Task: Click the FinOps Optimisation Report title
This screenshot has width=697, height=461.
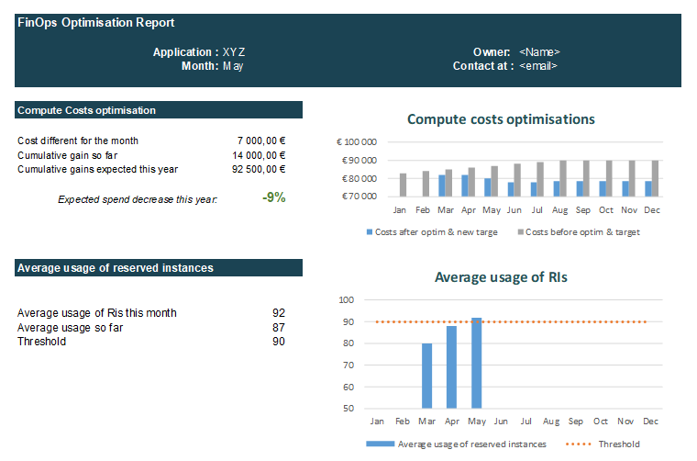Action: [x=96, y=23]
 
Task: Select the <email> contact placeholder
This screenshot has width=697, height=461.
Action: [x=538, y=66]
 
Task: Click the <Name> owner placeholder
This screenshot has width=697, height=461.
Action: [x=539, y=52]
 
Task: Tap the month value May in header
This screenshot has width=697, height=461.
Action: [x=233, y=66]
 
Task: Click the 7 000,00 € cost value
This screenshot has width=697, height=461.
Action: [x=260, y=141]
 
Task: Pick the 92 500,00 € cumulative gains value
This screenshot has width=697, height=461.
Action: [x=258, y=169]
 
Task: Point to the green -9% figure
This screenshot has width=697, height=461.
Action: [x=273, y=197]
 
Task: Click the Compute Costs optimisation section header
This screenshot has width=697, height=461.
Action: [x=86, y=110]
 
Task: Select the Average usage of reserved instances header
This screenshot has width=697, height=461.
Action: [x=116, y=268]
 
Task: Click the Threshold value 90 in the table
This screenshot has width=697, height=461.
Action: [x=278, y=342]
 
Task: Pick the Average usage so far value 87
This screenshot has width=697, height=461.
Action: [x=278, y=328]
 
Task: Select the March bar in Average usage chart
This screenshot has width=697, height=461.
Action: [x=426, y=376]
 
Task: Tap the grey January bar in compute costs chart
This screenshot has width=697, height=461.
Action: [x=403, y=185]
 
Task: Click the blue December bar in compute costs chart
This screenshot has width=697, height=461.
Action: [x=649, y=188]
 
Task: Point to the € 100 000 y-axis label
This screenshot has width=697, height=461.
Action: [x=358, y=142]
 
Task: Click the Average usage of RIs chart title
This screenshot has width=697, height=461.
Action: [x=501, y=277]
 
